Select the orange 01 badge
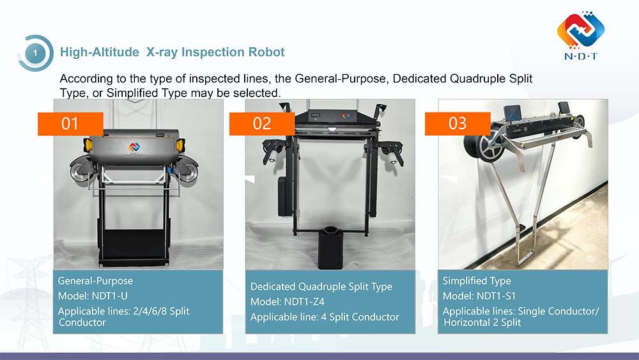[x=70, y=123]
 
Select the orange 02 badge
[x=262, y=123]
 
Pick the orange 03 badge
[x=458, y=123]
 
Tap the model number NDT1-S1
[x=496, y=296]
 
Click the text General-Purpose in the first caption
[x=95, y=281]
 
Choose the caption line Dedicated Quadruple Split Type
[x=321, y=287]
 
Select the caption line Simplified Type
[x=477, y=281]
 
